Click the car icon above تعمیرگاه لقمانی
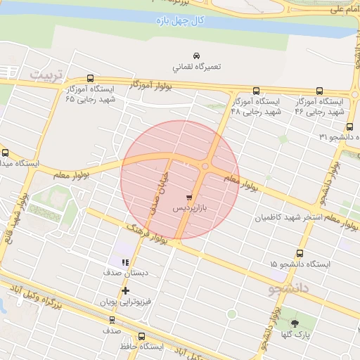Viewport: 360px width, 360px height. (196, 56)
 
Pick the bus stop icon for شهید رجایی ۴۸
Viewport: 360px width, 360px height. (255, 91)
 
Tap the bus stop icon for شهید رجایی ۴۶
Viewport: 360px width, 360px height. (319, 91)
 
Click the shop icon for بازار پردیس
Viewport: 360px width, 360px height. (188, 196)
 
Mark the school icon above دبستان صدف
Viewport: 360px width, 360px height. (125, 262)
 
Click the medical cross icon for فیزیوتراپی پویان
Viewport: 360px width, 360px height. (125, 290)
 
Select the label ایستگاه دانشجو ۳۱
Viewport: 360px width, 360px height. (335, 136)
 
